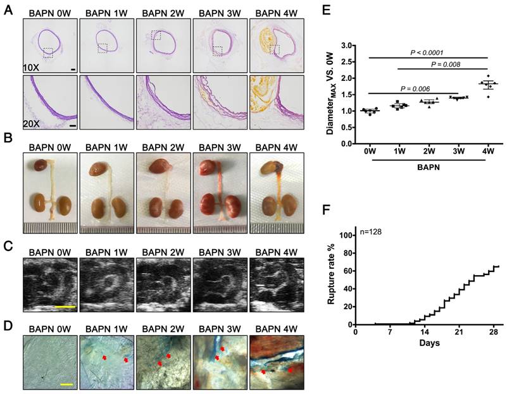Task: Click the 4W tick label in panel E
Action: click(487, 152)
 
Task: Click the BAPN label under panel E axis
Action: click(429, 166)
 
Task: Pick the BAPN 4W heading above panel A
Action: click(273, 12)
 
